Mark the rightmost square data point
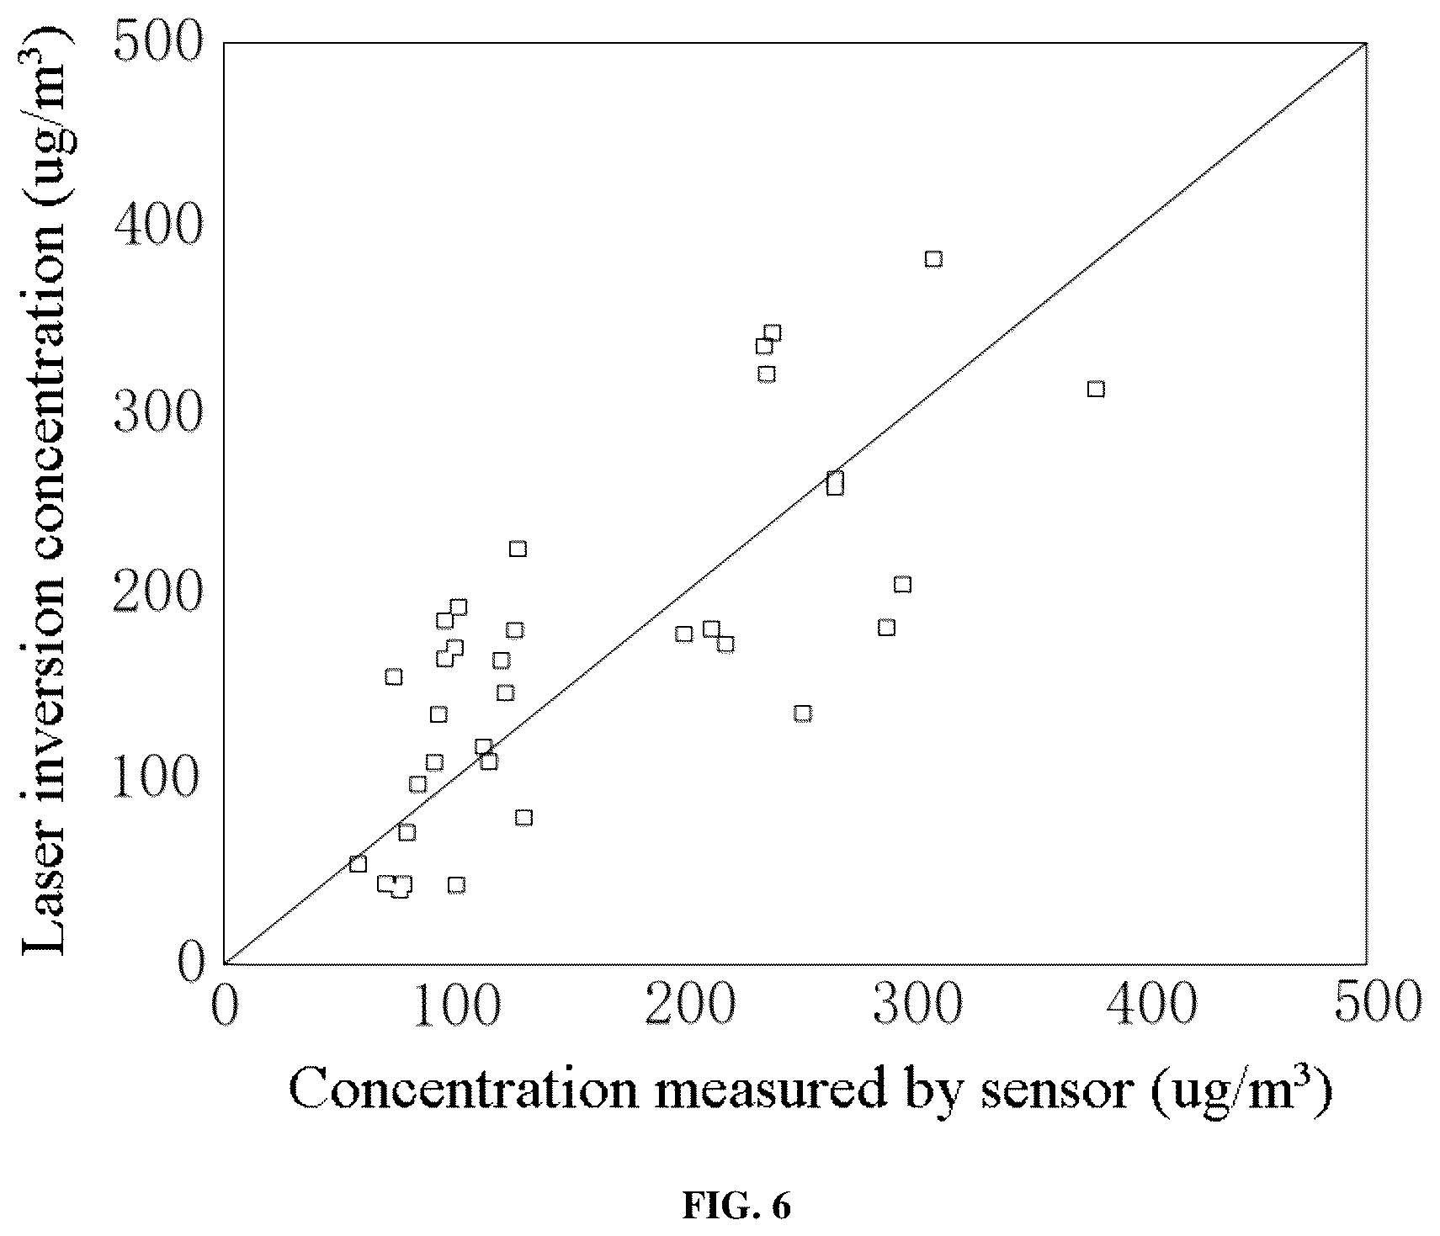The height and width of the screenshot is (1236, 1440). click(1095, 389)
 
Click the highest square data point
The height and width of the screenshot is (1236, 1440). click(933, 259)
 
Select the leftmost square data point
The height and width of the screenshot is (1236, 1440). click(358, 863)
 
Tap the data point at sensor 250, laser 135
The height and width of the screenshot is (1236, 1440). click(803, 713)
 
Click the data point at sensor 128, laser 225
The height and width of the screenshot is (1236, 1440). click(518, 549)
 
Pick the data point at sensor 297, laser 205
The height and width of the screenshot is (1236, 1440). click(902, 584)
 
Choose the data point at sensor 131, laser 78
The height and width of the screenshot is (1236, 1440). click(523, 818)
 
